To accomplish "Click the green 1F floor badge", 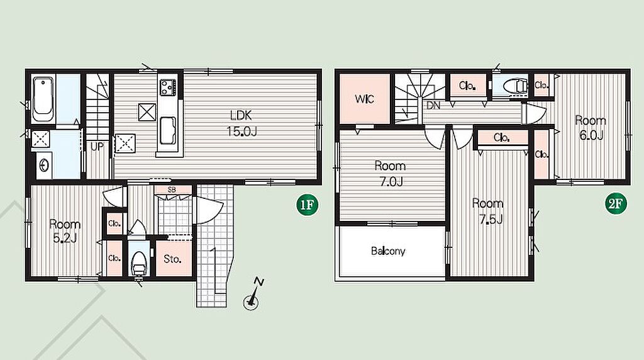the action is (308, 205).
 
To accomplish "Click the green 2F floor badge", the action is (616, 203).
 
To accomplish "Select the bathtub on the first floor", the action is (43, 99).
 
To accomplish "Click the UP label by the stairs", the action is (97, 147).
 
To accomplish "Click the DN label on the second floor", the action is (433, 106).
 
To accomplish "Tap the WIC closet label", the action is (364, 99).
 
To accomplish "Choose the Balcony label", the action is (388, 250).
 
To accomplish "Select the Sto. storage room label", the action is (172, 259).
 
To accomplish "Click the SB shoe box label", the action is (172, 190).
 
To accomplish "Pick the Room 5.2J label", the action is (65, 232).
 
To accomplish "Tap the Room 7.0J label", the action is (390, 174).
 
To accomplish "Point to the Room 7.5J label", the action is (487, 211).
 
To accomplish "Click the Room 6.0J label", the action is (591, 128).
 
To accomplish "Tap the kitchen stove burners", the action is (168, 87).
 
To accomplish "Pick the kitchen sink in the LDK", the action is (167, 130).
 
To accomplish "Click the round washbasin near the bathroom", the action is (44, 165).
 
